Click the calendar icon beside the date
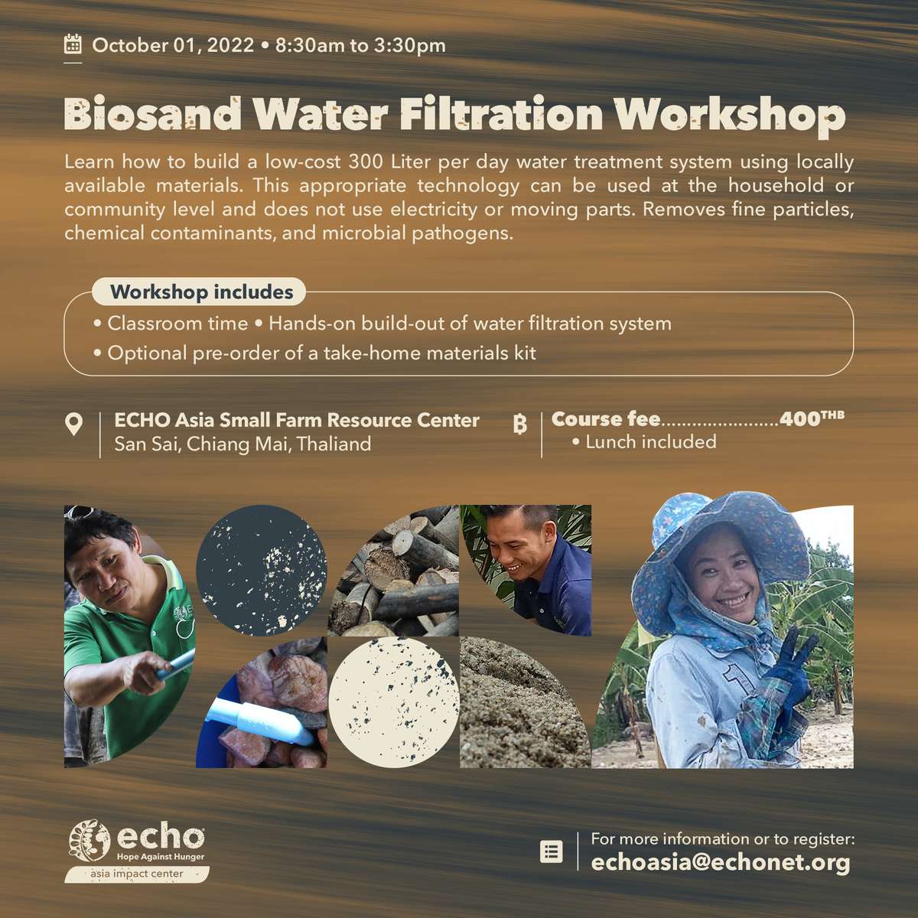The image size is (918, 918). click(x=73, y=44)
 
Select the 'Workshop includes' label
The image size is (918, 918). click(x=201, y=292)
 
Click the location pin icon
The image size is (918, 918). click(x=73, y=424)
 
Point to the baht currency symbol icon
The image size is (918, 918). click(x=520, y=424)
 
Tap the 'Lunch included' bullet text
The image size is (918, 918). click(x=650, y=442)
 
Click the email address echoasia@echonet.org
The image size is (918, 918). click(x=721, y=862)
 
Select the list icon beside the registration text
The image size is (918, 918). click(x=551, y=851)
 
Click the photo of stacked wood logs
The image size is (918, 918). click(x=393, y=571)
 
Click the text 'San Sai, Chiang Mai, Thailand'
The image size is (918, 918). click(x=243, y=444)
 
